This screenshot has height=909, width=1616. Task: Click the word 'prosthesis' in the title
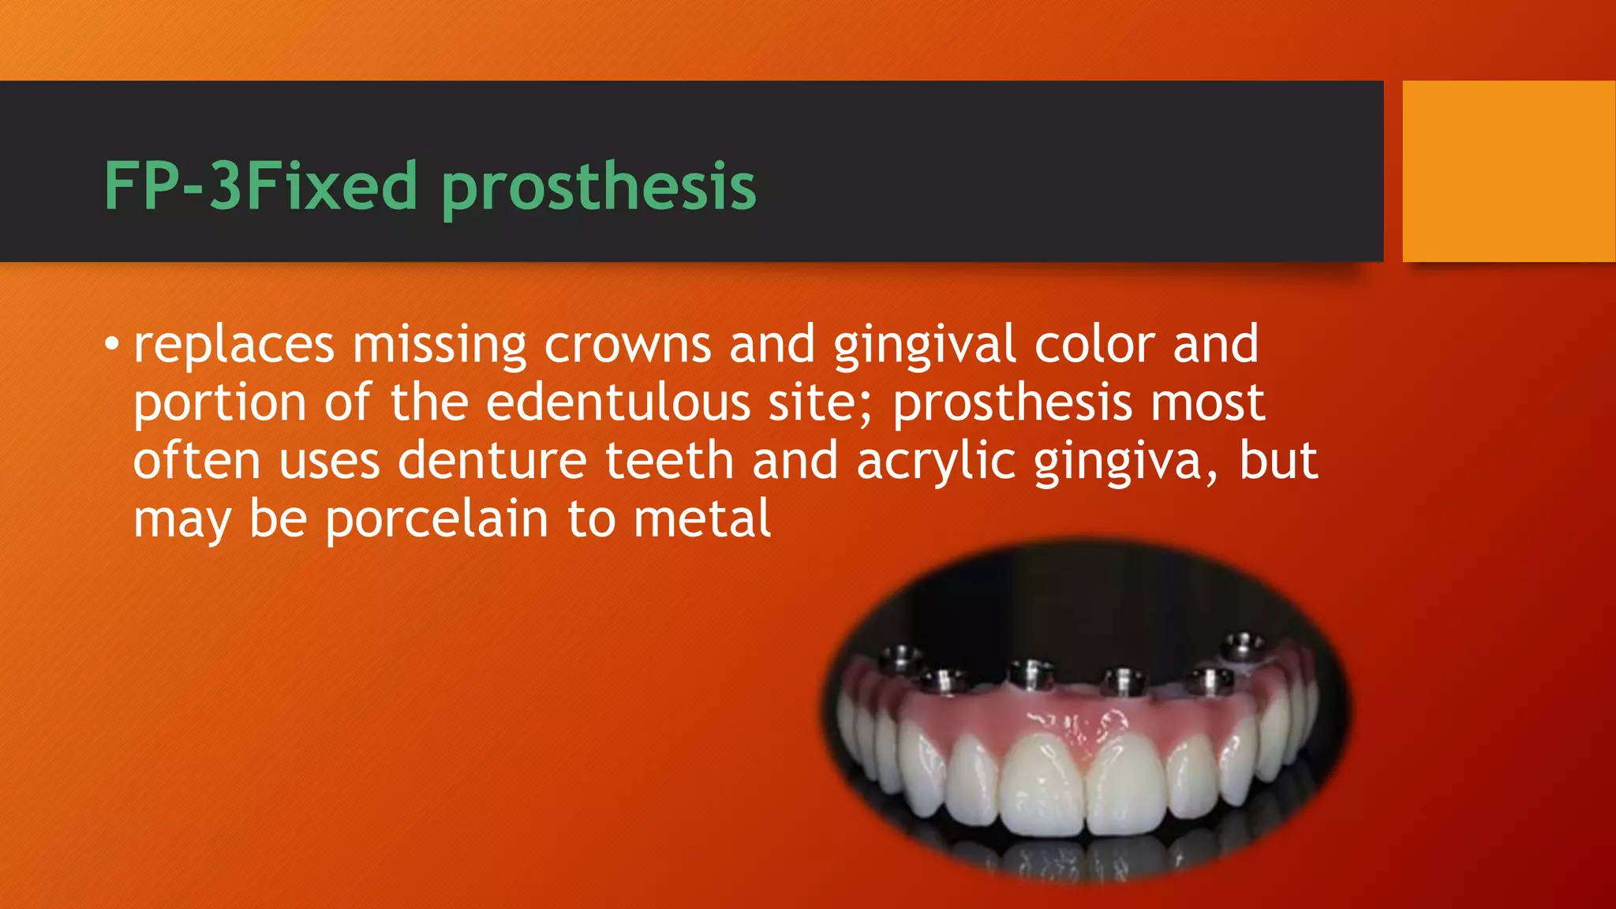598,187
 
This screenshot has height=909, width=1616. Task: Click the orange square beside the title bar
1508,171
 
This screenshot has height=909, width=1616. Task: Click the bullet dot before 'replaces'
112,344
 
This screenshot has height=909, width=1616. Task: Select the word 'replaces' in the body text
234,346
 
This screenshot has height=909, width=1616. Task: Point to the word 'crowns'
627,346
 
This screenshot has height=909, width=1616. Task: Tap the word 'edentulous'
617,403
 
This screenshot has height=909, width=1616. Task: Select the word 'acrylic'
936,462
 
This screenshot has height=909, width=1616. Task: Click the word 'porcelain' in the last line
436,520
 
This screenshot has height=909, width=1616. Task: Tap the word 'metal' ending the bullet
702,520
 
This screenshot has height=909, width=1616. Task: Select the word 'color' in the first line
1094,346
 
